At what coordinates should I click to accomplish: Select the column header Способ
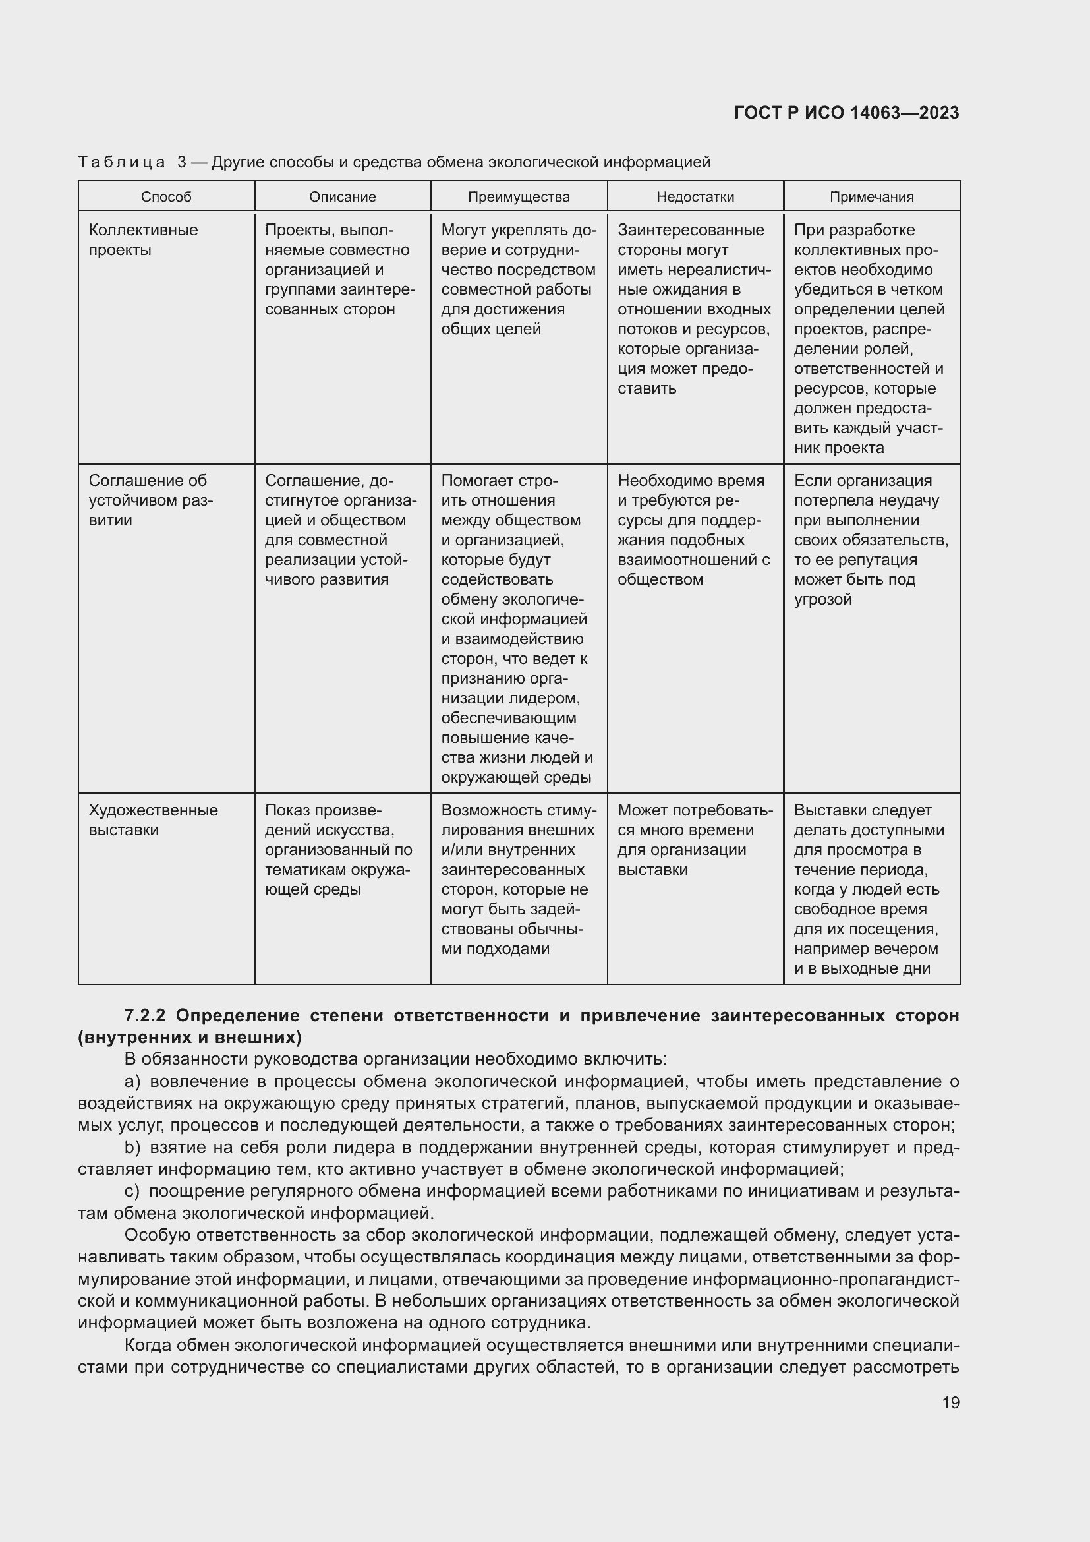click(166, 196)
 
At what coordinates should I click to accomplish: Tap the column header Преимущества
click(519, 196)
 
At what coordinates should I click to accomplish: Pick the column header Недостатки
click(695, 196)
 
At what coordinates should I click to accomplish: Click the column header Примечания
click(871, 196)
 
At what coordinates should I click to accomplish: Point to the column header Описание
click(342, 196)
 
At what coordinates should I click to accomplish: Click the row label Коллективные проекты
click(143, 240)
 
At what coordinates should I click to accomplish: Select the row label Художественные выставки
click(153, 819)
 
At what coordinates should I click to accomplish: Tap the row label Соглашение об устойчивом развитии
click(148, 500)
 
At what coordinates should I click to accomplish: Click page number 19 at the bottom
click(950, 1402)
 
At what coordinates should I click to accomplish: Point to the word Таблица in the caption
click(121, 162)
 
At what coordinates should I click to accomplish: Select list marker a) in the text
click(132, 1081)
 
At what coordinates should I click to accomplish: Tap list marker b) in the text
click(132, 1147)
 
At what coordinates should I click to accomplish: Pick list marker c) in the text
click(132, 1191)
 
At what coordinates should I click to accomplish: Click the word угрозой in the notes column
click(823, 599)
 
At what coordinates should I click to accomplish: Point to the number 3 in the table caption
click(182, 162)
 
